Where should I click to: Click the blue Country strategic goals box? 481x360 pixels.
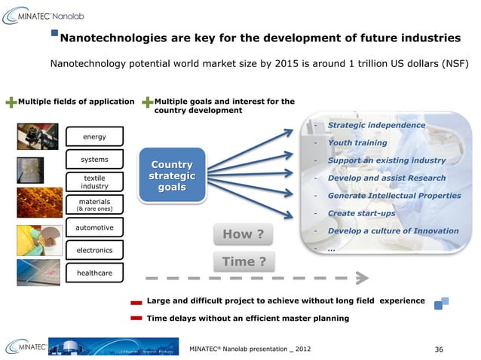coord(171,175)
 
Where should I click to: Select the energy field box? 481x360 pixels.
coord(94,136)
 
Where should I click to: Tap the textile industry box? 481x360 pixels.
coord(94,182)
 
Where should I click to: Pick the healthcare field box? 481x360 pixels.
coord(94,272)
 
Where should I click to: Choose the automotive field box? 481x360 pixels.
coord(94,227)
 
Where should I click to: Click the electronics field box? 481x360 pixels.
coord(94,250)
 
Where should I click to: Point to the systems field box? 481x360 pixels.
coord(94,160)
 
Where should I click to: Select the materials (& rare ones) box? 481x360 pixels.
coord(94,205)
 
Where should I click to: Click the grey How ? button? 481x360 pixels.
coord(243,234)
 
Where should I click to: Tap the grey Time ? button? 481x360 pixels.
coord(243,261)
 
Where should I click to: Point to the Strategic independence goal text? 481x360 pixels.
coord(376,125)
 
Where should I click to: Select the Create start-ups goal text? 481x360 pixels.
coord(362,213)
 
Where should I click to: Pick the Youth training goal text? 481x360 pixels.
coord(357,142)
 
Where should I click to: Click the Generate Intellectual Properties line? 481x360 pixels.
coord(394,196)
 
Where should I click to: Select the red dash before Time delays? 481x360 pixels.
coord(136,319)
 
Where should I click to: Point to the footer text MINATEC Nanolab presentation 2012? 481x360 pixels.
coord(248,349)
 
